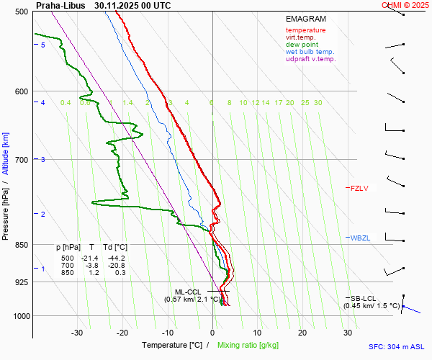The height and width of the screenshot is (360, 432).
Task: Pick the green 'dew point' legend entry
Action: click(x=302, y=45)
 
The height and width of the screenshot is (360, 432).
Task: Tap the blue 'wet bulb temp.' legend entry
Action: click(x=310, y=52)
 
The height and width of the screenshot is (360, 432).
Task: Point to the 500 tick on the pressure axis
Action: click(x=20, y=12)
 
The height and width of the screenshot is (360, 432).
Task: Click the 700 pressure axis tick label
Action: click(x=20, y=159)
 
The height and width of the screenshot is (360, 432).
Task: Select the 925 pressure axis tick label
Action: click(x=20, y=282)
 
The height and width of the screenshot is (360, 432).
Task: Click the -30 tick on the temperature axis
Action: click(x=78, y=333)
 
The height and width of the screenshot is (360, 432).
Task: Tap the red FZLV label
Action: click(x=359, y=189)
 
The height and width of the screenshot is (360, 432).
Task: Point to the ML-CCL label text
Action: click(x=188, y=292)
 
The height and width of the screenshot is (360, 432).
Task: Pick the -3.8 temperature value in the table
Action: click(x=91, y=265)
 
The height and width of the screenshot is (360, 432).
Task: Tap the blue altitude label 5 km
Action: click(x=43, y=45)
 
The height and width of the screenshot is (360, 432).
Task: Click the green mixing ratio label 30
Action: click(x=318, y=103)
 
